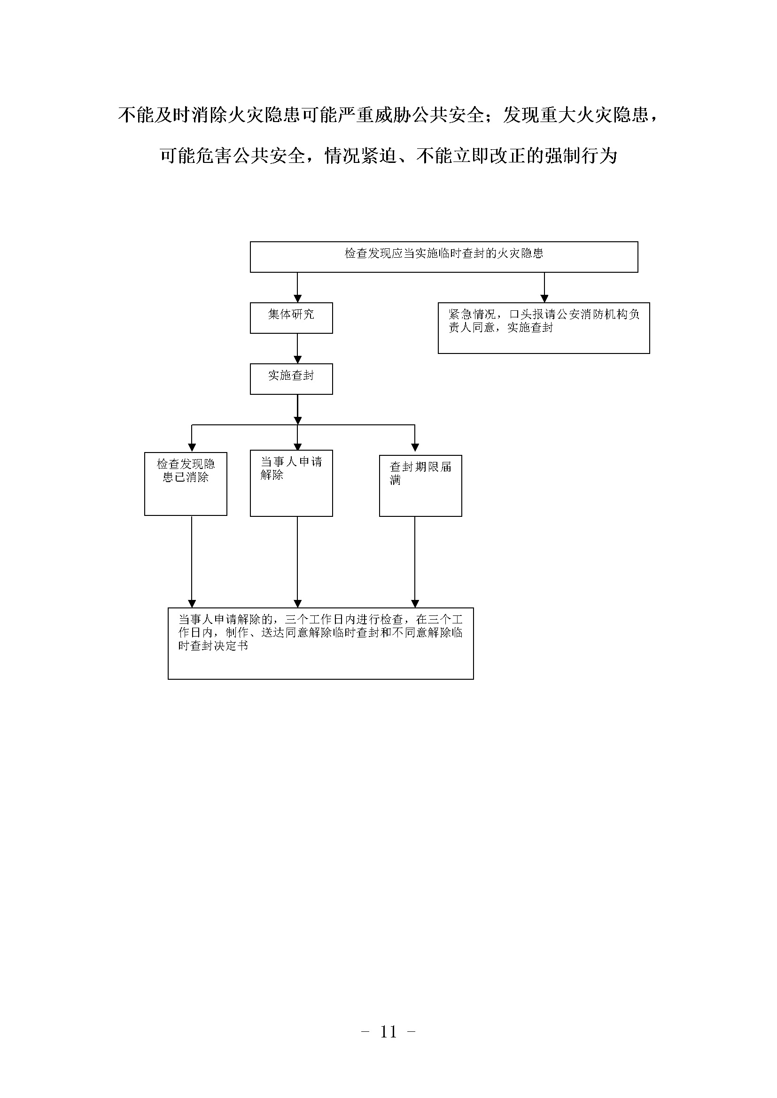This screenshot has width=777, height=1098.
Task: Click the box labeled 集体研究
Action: (x=291, y=317)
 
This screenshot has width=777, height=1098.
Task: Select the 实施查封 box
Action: (x=291, y=379)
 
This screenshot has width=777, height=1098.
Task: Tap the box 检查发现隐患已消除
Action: (x=186, y=484)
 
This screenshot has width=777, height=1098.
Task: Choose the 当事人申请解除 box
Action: (x=291, y=483)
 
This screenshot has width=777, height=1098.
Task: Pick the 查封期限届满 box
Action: (x=420, y=485)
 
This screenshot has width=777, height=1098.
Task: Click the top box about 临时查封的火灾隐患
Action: (x=444, y=257)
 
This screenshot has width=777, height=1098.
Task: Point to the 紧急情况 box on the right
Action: (x=544, y=328)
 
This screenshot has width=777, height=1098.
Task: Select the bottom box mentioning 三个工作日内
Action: (x=320, y=643)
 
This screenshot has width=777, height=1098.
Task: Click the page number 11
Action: (x=388, y=1032)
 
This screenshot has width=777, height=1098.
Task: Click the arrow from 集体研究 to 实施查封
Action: (x=297, y=349)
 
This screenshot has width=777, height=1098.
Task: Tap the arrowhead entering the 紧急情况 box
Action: (x=544, y=299)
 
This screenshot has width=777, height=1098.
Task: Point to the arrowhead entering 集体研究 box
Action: (x=297, y=299)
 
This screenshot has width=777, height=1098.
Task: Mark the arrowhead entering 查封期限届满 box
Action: (x=415, y=448)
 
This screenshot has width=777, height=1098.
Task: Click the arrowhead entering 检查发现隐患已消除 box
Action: (x=192, y=448)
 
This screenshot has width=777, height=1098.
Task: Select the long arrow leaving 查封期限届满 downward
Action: (x=415, y=562)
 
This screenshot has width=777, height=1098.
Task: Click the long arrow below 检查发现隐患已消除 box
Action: (x=192, y=561)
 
